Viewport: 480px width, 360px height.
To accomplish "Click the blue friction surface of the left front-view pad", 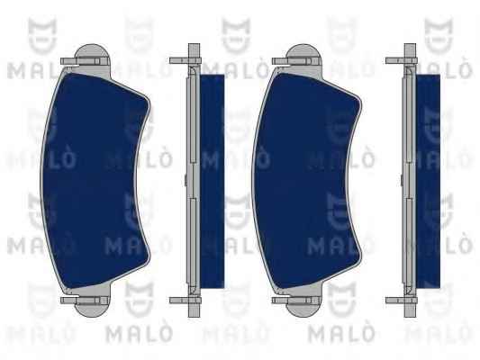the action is (x=92, y=181).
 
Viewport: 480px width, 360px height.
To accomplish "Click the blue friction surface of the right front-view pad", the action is (x=303, y=181).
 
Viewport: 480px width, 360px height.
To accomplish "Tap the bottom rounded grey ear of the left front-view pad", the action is (x=93, y=309).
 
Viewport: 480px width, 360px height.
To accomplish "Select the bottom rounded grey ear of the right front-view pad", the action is (x=303, y=309).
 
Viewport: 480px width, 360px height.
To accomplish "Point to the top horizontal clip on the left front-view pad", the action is (x=80, y=61).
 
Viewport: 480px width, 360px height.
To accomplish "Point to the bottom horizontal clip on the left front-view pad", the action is (x=80, y=300).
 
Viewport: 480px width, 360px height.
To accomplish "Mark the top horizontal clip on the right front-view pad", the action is (x=292, y=61).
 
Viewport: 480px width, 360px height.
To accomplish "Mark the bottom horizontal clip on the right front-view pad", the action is (x=292, y=300).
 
